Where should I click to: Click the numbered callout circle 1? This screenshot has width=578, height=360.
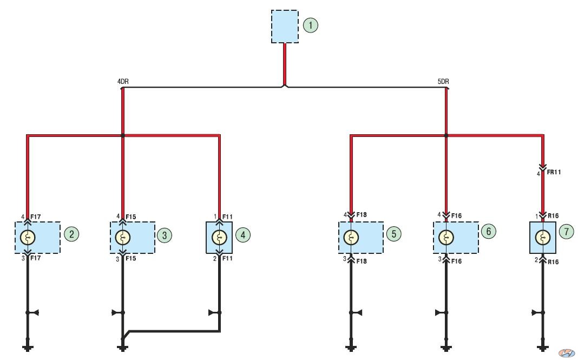(311, 25)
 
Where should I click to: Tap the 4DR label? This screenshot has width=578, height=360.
(123, 82)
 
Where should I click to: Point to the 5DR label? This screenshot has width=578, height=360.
(443, 82)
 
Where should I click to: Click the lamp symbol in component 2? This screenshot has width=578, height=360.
(28, 238)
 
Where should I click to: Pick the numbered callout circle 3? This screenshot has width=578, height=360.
(165, 235)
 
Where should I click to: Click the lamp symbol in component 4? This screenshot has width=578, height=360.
(219, 238)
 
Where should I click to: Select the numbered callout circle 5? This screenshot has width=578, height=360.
(394, 233)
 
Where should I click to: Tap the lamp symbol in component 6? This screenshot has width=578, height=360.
(446, 238)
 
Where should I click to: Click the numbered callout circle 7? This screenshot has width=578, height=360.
(566, 232)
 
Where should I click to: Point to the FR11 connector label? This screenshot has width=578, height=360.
(554, 172)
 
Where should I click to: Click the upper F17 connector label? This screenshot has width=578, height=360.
(35, 217)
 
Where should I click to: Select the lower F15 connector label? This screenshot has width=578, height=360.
(130, 258)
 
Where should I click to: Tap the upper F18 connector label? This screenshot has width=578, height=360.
(362, 215)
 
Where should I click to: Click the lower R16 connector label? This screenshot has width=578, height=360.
(553, 262)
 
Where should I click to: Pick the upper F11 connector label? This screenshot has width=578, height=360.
(227, 217)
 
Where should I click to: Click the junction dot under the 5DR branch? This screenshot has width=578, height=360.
(446, 135)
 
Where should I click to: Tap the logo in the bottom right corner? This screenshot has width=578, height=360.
(567, 353)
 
